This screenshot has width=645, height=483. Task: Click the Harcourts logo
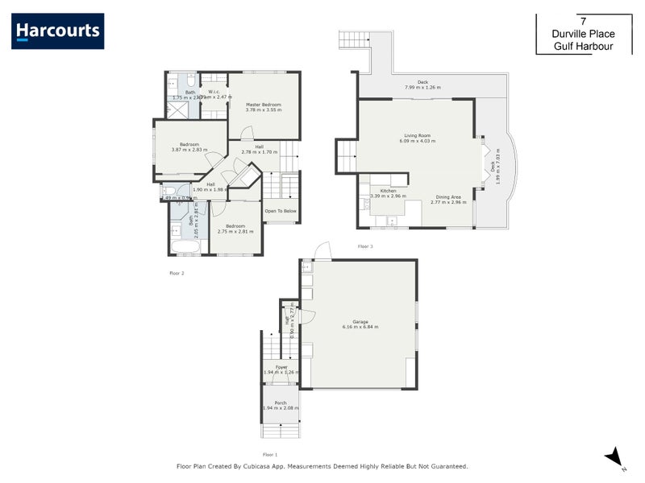coord(57,31)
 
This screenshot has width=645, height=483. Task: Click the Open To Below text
coord(281,211)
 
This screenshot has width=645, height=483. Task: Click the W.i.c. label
coord(214,93)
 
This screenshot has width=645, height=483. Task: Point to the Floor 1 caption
coord(271,455)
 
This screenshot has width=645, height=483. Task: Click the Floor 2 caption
coord(177,274)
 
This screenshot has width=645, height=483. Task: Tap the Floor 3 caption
coord(365,246)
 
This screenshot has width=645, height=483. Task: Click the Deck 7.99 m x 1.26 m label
coord(422,85)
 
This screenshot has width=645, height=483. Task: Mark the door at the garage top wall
coord(322,251)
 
